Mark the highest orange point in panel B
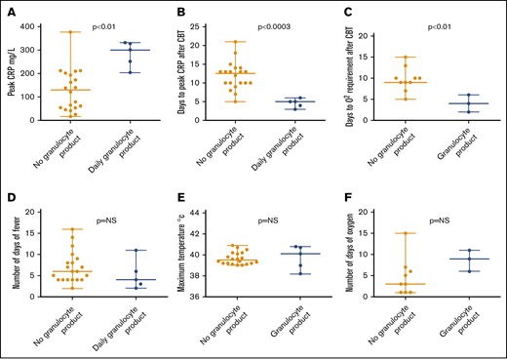click(238, 42)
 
